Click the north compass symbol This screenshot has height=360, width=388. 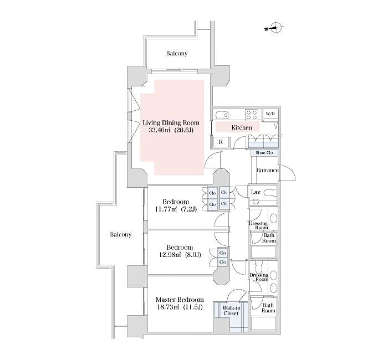[276, 28]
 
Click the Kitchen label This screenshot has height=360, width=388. [242, 127]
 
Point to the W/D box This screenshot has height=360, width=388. [270, 114]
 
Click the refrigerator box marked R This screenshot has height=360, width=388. [221, 142]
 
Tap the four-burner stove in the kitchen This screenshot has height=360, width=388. [251, 115]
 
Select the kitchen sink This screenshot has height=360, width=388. [222, 115]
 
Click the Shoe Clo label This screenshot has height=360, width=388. [263, 153]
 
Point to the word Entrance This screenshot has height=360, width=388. [267, 170]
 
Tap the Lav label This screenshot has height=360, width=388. [256, 192]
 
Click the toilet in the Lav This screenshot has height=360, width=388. [270, 193]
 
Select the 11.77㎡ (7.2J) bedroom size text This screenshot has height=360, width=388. [176, 209]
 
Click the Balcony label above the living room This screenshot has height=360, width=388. [177, 54]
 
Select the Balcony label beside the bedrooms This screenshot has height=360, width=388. [120, 234]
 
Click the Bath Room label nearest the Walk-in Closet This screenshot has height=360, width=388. [268, 308]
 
